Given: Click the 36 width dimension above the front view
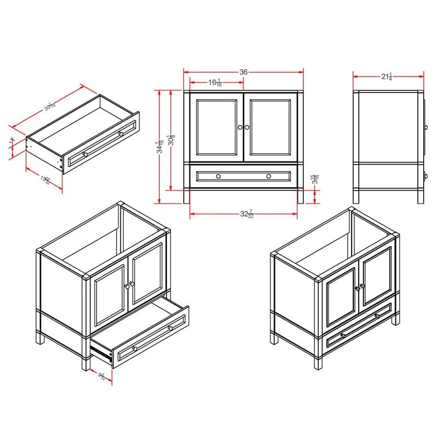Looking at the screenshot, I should click(244, 72).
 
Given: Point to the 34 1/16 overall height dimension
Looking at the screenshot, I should click(159, 147).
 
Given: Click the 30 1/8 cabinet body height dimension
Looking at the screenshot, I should click(171, 141).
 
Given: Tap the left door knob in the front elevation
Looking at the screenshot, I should click(240, 127).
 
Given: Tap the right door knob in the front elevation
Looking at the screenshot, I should click(247, 127).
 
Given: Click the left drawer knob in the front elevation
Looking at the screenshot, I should click(218, 176).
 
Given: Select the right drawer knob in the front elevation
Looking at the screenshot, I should click(269, 176).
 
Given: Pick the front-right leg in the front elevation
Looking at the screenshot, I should click(299, 195).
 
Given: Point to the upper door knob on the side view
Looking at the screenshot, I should click(426, 127).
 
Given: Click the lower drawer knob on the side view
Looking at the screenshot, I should click(426, 176).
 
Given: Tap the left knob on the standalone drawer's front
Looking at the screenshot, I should click(84, 154).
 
